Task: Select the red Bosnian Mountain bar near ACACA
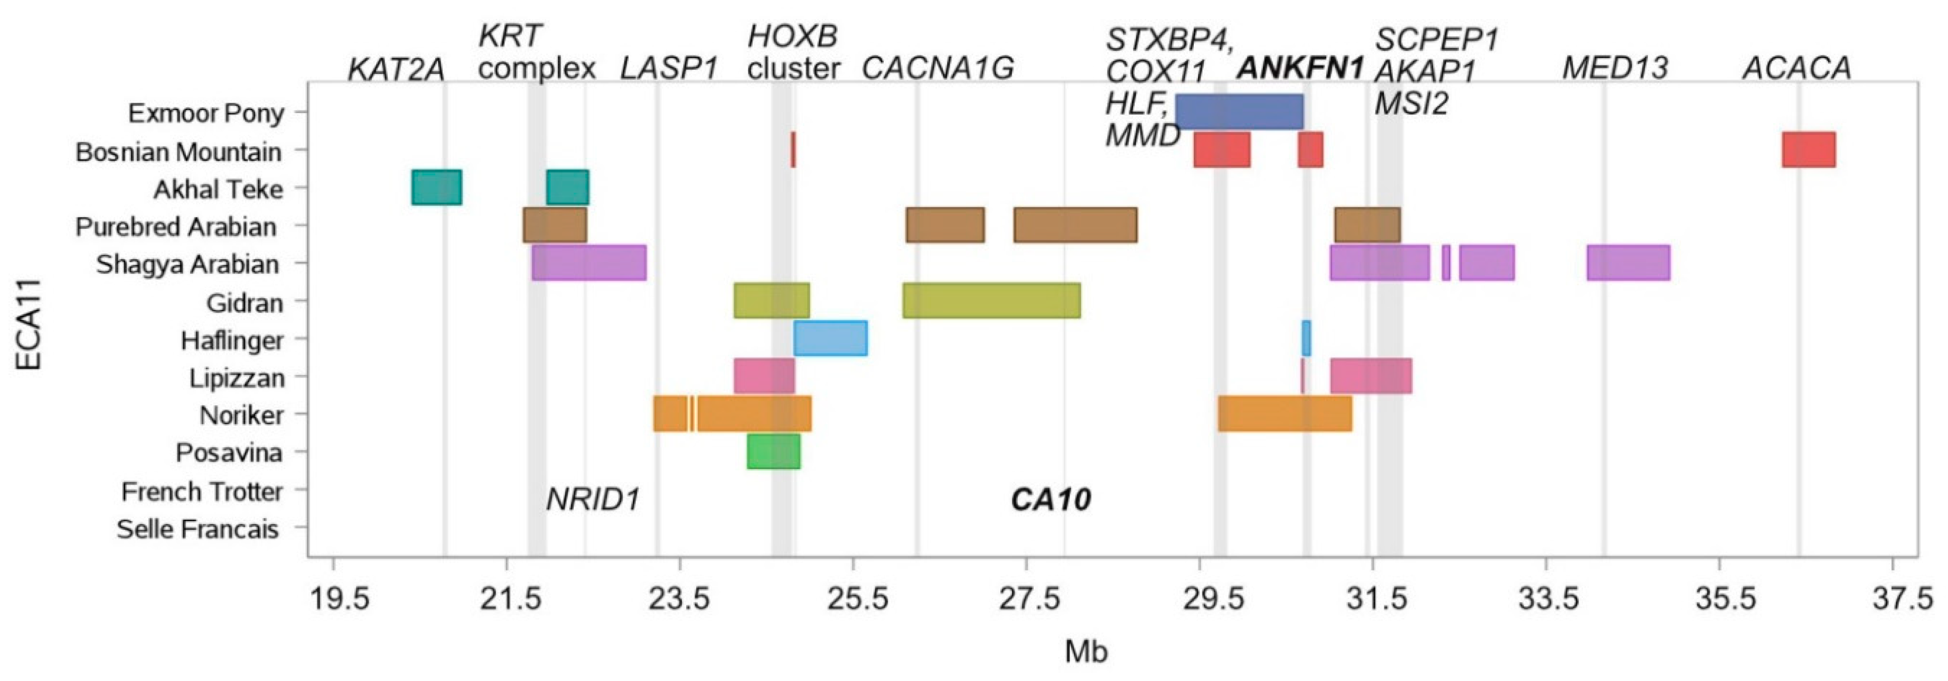pyautogui.click(x=1808, y=150)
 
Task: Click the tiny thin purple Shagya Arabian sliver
pyautogui.click(x=1446, y=263)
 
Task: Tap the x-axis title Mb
pyautogui.click(x=1086, y=651)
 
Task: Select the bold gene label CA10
pyautogui.click(x=1051, y=500)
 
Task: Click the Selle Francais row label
pyautogui.click(x=198, y=529)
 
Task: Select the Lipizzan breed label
pyautogui.click(x=237, y=378)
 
